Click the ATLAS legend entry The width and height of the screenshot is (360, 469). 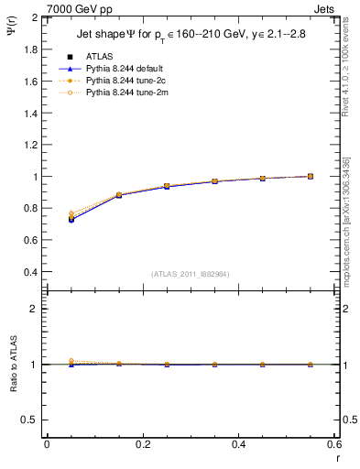94,56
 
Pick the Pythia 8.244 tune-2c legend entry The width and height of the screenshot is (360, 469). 116,81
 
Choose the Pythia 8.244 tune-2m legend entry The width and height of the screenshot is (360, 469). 116,93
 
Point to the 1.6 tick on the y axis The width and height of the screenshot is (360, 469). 31,82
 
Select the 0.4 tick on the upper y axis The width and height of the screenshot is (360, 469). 31,272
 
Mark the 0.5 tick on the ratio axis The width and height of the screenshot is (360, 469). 31,420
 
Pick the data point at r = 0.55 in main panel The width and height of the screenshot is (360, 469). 311,176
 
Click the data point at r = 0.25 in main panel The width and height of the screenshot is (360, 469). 167,186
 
